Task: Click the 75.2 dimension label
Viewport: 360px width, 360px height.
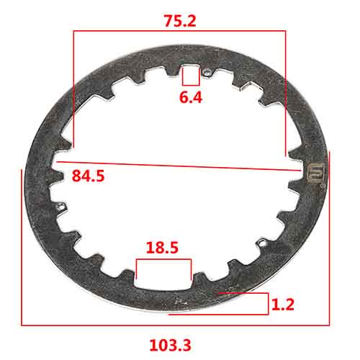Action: point(180,21)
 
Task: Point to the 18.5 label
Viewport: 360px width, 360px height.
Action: point(163,248)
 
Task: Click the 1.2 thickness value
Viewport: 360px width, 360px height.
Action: point(283,305)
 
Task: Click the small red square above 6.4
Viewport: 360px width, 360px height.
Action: point(190,76)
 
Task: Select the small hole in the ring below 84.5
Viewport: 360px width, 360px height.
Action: point(60,207)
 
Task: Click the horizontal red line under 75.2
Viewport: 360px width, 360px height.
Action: point(179,31)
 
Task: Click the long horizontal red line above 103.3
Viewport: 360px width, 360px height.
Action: point(175,325)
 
